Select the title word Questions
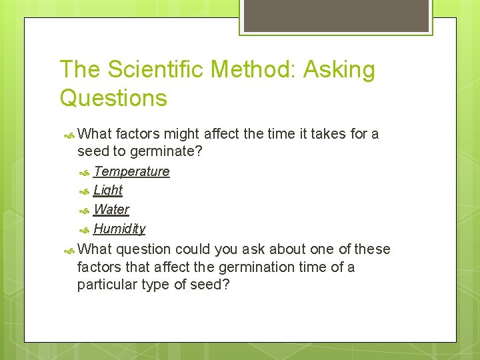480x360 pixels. click(x=113, y=98)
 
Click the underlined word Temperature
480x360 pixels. click(x=131, y=171)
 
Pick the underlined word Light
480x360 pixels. click(x=108, y=190)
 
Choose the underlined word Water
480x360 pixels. click(x=111, y=209)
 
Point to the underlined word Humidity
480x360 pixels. click(x=119, y=229)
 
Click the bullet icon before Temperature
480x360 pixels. click(x=85, y=172)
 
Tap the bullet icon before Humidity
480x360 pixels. click(x=85, y=229)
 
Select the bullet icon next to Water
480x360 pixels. click(x=85, y=210)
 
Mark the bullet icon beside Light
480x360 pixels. click(x=85, y=191)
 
